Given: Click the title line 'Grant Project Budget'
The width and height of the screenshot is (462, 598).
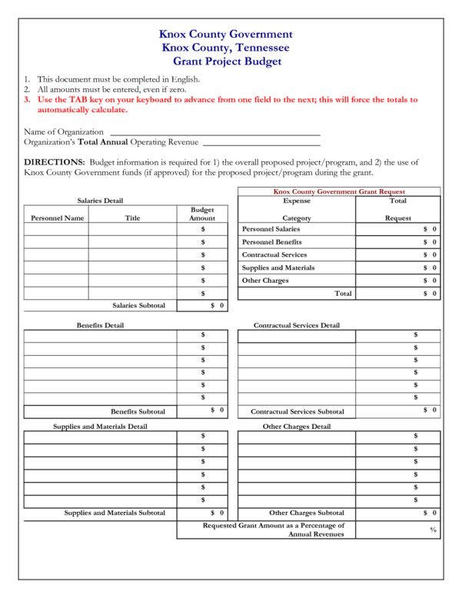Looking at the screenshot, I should tap(226, 61).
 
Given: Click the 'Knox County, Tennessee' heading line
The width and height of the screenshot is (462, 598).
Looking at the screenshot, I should tap(226, 48).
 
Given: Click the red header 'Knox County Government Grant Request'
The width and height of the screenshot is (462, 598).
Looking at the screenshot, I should tap(339, 191).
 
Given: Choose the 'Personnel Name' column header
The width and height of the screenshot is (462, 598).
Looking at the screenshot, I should tap(57, 218).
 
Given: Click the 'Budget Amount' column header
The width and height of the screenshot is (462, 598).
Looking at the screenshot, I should tap(202, 214).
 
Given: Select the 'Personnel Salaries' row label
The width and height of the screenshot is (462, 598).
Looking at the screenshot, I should tap(271, 229).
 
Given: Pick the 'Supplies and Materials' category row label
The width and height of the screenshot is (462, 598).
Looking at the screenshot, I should tap(278, 267).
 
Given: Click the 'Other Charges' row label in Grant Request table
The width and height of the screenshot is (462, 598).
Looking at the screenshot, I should tap(265, 281).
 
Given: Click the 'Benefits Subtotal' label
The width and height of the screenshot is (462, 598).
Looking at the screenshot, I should tap(138, 411).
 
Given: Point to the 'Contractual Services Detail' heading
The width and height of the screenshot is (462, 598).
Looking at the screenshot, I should tap(297, 325).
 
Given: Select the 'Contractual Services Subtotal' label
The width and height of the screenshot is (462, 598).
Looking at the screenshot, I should tap(297, 411).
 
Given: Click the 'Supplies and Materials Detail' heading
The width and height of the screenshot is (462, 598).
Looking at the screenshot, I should tap(100, 426).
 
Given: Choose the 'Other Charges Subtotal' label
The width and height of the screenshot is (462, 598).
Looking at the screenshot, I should tap(307, 513).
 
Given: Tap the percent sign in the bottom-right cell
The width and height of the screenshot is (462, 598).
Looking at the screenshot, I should tap(433, 530).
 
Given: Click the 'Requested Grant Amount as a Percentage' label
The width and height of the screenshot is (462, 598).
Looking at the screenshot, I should tap(274, 526).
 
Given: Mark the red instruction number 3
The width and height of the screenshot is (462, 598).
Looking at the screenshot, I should tap(27, 100).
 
